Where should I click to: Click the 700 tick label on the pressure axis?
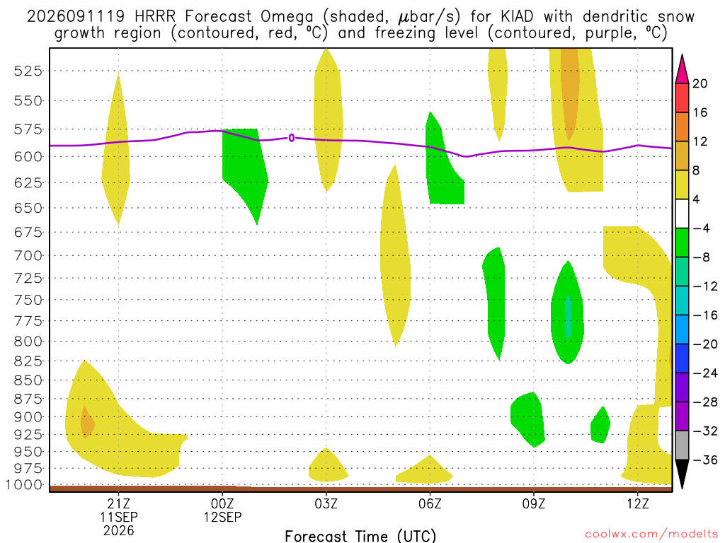pyautogui.click(x=28, y=255)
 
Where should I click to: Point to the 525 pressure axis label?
pyautogui.click(x=28, y=71)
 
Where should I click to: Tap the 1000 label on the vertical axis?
pyautogui.click(x=24, y=485)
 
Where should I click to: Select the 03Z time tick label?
pyautogui.click(x=326, y=503)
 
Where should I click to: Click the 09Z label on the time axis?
pyautogui.click(x=534, y=503)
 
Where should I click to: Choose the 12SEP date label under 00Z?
pyautogui.click(x=223, y=517)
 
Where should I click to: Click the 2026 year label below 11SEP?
pyautogui.click(x=119, y=531)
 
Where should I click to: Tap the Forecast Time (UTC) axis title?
pyautogui.click(x=360, y=536)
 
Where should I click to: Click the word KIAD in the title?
pyautogui.click(x=517, y=17)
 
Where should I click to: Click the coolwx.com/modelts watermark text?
pyautogui.click(x=651, y=535)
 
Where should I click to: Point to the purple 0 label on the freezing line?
pyautogui.click(x=291, y=138)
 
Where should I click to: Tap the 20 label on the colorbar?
pyautogui.click(x=700, y=83)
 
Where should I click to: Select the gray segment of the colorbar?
pyautogui.click(x=682, y=445)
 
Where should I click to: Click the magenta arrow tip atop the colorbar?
pyautogui.click(x=682, y=56)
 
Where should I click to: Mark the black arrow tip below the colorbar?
pyautogui.click(x=682, y=488)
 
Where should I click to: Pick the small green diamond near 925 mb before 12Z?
pyautogui.click(x=600, y=425)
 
